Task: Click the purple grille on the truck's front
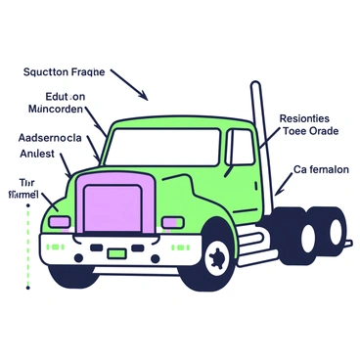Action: (x=112, y=211)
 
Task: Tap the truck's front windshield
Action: (x=161, y=148)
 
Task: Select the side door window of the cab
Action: (x=241, y=147)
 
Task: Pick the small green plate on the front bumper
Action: (x=116, y=253)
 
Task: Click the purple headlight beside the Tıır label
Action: (x=60, y=222)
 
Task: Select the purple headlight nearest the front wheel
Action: (x=172, y=222)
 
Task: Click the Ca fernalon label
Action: (x=321, y=169)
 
